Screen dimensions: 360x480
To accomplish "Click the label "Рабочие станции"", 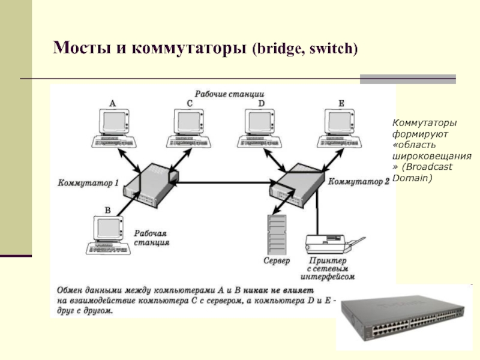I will [x=229, y=94].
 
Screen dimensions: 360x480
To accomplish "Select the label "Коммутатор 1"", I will [x=89, y=182].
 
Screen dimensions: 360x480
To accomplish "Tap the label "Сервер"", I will [x=277, y=262].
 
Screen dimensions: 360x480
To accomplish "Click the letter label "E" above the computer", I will [x=341, y=103].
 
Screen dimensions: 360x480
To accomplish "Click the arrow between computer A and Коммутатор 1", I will [x=127, y=159].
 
